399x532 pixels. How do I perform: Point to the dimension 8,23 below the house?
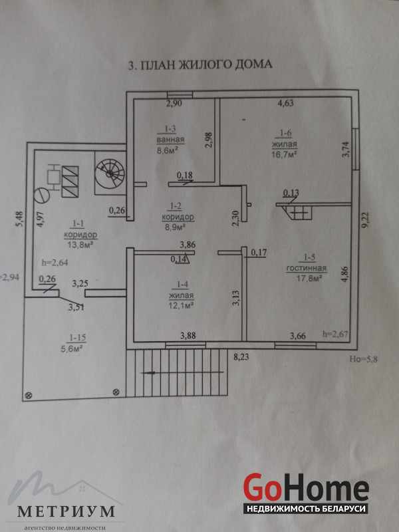coord(243,356)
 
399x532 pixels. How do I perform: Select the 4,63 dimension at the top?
coord(286,103)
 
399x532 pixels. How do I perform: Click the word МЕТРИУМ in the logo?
coord(66,511)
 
